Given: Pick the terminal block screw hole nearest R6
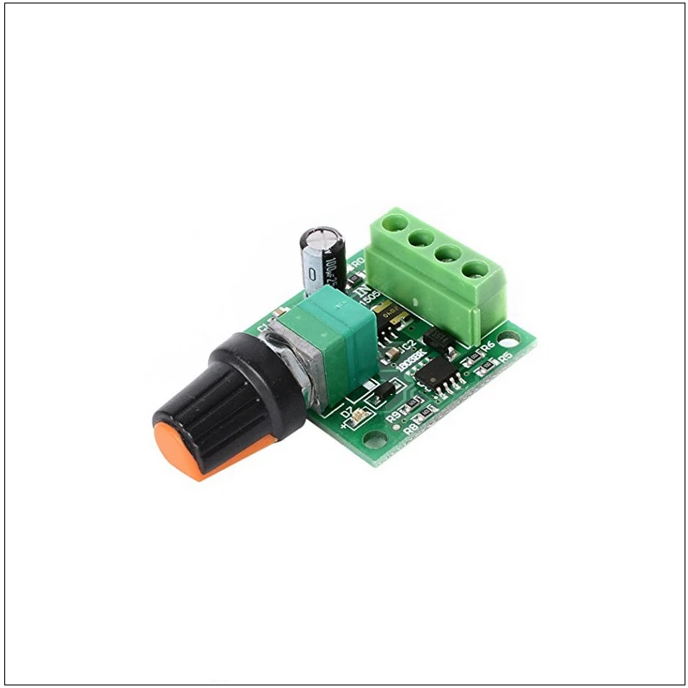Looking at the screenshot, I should (472, 269).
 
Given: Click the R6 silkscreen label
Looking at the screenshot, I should (488, 347).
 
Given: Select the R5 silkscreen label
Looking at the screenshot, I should (506, 355).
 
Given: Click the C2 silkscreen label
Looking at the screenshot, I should (409, 344).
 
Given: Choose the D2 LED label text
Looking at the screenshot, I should (347, 414).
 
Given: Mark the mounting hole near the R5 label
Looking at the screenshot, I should (513, 336).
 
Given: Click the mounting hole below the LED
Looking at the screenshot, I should (376, 439).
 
